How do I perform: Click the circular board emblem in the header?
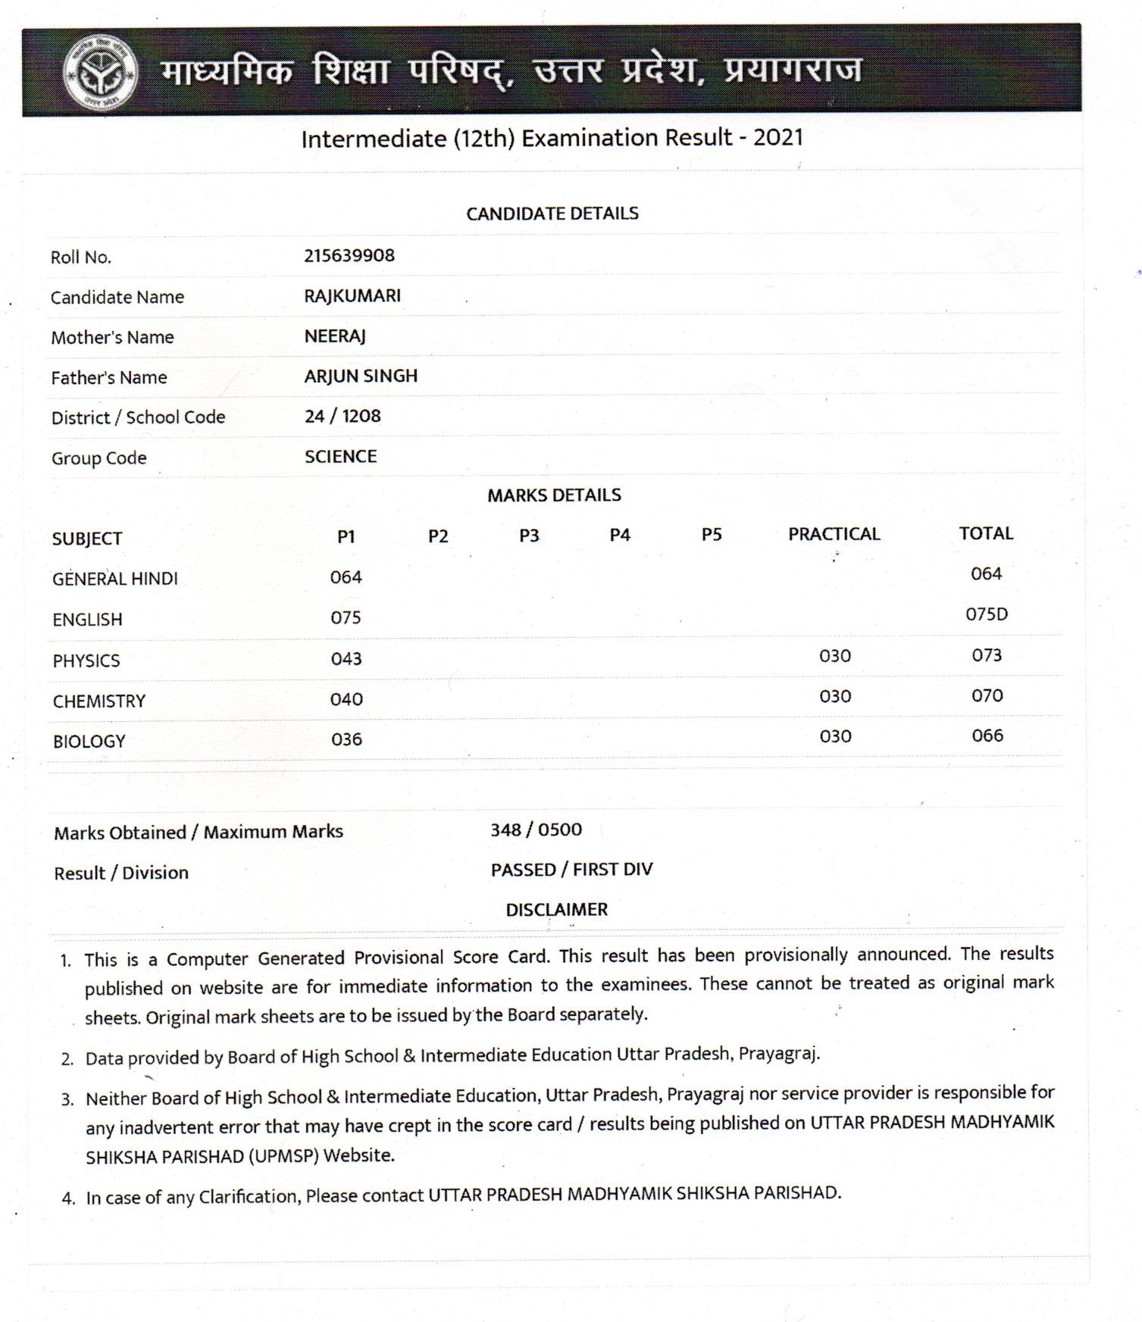click(100, 73)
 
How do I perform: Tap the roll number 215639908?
click(349, 255)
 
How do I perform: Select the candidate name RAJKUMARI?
click(352, 295)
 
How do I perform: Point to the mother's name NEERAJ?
click(335, 336)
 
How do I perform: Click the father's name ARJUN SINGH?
click(361, 376)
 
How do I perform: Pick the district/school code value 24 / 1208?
click(343, 416)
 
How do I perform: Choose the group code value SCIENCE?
click(340, 456)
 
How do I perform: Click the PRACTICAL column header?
click(834, 534)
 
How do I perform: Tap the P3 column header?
click(529, 536)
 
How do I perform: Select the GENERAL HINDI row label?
click(114, 579)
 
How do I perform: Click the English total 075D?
click(987, 614)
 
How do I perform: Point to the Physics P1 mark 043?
click(346, 658)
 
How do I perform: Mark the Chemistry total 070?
click(987, 695)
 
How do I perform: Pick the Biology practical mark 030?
click(835, 736)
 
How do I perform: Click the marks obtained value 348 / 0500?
click(536, 830)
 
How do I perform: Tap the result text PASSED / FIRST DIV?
click(571, 870)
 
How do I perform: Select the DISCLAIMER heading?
click(556, 909)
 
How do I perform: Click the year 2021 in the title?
click(777, 137)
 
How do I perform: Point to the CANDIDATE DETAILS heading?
click(552, 214)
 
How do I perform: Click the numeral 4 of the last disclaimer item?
click(68, 1199)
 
